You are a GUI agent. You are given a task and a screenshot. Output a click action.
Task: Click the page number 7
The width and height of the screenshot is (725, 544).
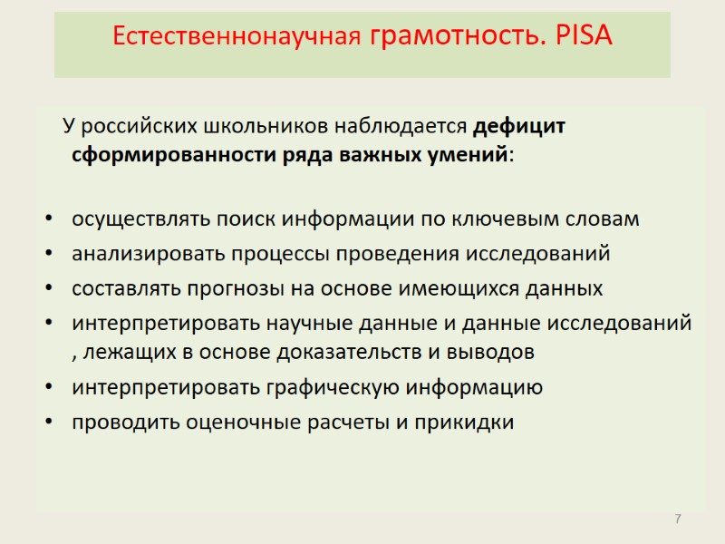677,519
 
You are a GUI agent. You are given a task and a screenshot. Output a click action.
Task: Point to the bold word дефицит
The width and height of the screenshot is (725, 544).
520,126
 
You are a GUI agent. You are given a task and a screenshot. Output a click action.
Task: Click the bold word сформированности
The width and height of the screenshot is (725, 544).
169,153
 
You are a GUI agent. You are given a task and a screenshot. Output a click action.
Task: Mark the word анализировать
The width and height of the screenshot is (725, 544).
150,254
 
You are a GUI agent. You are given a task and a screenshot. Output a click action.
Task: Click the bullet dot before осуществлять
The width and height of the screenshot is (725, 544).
49,221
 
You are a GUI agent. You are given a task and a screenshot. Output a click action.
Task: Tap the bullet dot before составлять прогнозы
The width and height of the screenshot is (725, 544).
49,289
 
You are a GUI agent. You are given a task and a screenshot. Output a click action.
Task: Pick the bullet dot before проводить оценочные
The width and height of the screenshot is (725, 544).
49,423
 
